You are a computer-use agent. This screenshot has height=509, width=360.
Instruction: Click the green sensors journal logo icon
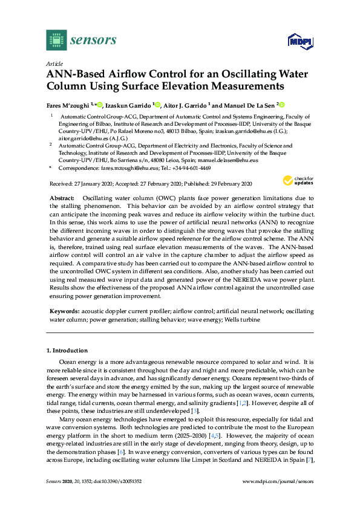pos(56,41)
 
